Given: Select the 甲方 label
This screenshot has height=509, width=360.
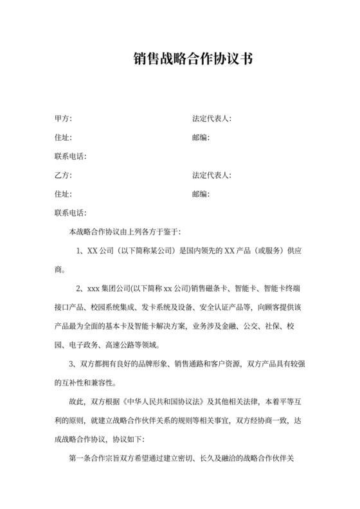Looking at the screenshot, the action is click(x=63, y=119).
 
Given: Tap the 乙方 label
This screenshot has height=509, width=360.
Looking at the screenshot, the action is click(x=63, y=175).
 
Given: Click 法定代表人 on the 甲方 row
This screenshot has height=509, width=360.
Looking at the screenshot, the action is click(x=212, y=119).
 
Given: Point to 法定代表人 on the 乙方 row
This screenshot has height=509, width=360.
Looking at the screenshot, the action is click(x=212, y=175).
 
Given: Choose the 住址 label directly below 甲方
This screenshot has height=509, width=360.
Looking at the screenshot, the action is click(x=63, y=138).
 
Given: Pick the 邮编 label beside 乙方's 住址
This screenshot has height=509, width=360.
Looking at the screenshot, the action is click(x=201, y=194).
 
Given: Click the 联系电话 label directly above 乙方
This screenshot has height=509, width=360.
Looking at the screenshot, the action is click(x=71, y=157).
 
